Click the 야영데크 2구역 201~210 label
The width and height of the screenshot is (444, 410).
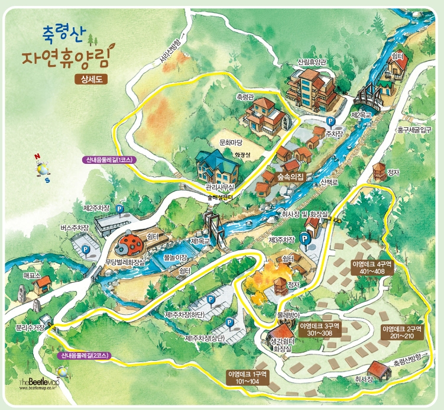click(402, 332)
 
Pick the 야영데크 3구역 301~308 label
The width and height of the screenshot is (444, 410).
click(320, 330)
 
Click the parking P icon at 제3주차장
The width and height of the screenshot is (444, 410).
click(305, 239)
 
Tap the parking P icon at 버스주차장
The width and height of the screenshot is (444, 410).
click(86, 251)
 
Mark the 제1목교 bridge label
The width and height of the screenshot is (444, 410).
click(202, 242)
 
